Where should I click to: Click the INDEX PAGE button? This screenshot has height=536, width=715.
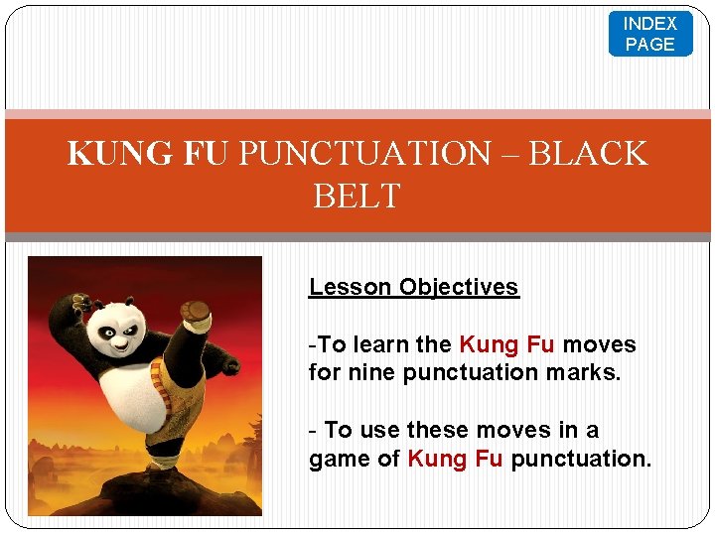(x=650, y=34)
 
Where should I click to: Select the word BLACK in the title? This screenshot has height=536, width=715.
(x=588, y=154)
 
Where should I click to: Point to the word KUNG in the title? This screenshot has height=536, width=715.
(x=107, y=154)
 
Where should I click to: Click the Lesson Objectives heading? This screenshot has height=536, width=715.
(x=413, y=287)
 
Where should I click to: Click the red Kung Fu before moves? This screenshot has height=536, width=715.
(x=506, y=344)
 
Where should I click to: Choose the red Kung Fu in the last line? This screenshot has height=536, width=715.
(x=456, y=459)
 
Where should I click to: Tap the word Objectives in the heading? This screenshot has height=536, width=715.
(x=459, y=287)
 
